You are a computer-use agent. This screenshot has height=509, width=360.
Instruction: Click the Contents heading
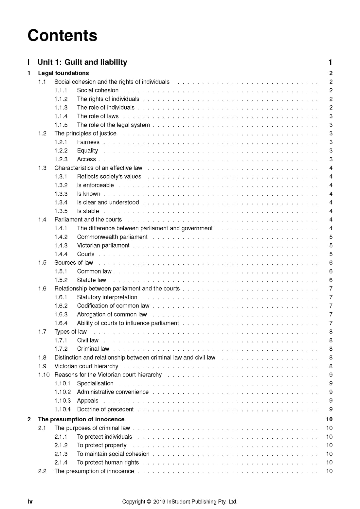click(x=62, y=35)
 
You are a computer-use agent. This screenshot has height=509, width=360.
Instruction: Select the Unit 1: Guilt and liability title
click(x=82, y=62)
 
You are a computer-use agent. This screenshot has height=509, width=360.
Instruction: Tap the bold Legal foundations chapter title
click(x=63, y=73)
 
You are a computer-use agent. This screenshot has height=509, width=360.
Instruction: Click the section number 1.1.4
click(x=61, y=116)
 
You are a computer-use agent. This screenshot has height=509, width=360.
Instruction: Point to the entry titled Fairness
click(x=88, y=142)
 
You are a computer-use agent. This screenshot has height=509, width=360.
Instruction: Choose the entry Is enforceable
click(x=95, y=185)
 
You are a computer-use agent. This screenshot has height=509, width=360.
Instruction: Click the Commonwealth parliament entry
click(x=112, y=237)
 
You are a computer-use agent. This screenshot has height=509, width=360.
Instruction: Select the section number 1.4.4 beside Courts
click(x=61, y=254)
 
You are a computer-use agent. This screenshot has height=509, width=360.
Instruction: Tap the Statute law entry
click(x=91, y=280)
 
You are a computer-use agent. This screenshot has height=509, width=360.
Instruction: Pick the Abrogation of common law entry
click(x=112, y=314)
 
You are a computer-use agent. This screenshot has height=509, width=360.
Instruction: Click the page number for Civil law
click(x=331, y=340)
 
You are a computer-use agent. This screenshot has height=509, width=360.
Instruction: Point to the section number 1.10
click(x=44, y=375)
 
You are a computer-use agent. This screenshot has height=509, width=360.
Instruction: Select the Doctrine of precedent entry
click(x=105, y=409)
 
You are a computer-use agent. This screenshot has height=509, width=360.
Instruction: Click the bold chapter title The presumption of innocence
click(x=81, y=419)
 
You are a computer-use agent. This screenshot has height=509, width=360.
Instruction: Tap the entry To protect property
click(x=101, y=445)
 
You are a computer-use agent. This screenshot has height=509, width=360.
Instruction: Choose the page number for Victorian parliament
click(x=331, y=245)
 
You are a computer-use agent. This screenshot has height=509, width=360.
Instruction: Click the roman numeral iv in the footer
click(x=30, y=501)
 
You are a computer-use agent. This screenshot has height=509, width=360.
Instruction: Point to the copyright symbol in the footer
click(x=149, y=502)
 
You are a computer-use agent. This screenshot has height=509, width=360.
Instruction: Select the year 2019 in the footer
click(x=159, y=502)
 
